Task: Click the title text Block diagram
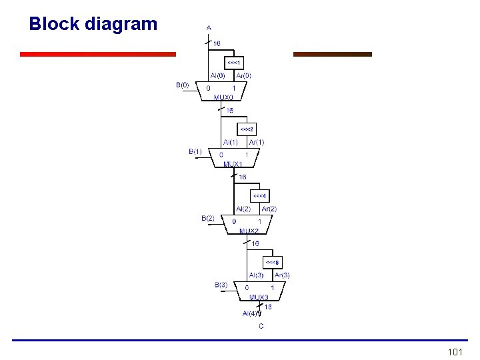[x=93, y=24]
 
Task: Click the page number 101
[x=455, y=351]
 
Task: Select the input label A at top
[x=209, y=27]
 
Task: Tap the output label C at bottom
[x=261, y=326]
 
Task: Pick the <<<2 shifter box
[x=247, y=128]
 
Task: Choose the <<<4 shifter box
[x=259, y=196]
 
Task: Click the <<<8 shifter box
[x=273, y=262]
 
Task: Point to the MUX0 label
[x=223, y=97]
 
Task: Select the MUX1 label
[x=233, y=163]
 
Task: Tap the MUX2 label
[x=249, y=231]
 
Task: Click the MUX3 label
[x=259, y=297]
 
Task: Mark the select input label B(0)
[x=182, y=85]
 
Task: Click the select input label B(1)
[x=195, y=151]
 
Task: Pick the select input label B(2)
[x=208, y=218]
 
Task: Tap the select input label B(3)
[x=221, y=285]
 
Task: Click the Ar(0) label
[x=243, y=75]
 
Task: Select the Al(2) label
[x=243, y=209]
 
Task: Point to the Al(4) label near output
[x=251, y=313]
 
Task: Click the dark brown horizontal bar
[x=333, y=54]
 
